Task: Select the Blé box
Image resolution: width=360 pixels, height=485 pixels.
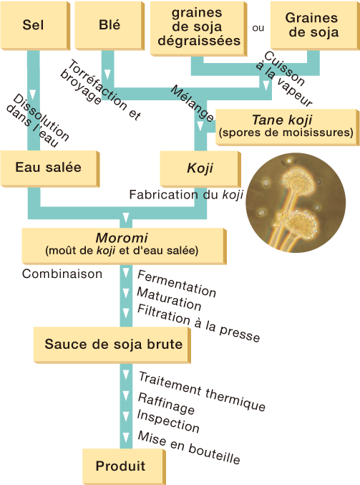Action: point(110,26)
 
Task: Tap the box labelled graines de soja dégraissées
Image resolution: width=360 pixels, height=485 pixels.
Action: point(198,29)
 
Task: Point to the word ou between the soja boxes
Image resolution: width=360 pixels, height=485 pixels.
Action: point(258,28)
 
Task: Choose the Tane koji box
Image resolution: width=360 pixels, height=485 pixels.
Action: point(287,127)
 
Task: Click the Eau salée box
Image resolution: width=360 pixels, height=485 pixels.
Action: point(50,168)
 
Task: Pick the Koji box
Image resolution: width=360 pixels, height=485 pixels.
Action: point(200,169)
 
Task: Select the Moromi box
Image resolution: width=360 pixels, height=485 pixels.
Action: point(124,246)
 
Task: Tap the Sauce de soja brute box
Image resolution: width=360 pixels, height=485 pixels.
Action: point(112,345)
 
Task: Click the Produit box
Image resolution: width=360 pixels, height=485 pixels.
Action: point(124,466)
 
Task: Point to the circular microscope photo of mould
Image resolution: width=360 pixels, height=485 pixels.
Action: point(296,203)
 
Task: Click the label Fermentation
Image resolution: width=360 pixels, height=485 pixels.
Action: point(177,283)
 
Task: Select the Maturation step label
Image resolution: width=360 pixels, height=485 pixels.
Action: point(169,299)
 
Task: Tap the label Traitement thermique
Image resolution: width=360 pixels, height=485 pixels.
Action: point(202,391)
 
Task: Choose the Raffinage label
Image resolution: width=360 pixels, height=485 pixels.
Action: point(166,403)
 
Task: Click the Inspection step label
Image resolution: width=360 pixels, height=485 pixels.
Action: point(168,421)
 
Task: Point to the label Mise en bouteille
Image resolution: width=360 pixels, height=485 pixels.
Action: point(188,447)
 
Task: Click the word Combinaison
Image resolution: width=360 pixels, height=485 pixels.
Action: point(62,274)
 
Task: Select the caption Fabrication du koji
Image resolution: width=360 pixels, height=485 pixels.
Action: point(186,195)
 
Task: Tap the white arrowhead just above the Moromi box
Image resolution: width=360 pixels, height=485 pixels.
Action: point(125,217)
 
